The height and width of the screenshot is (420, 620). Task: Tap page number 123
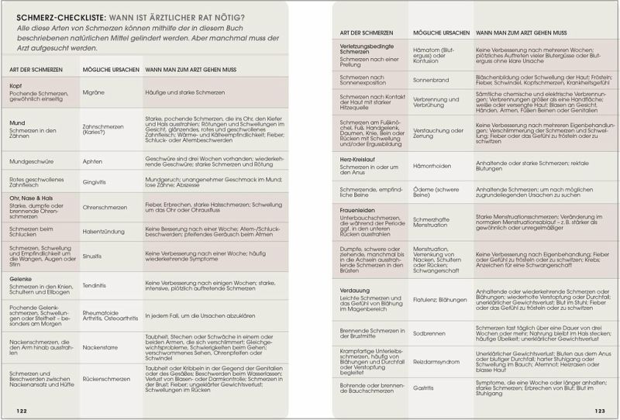pyautogui.click(x=599, y=411)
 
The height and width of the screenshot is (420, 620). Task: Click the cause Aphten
pyautogui.click(x=92, y=162)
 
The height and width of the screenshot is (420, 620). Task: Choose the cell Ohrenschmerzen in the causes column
pyautogui.click(x=105, y=208)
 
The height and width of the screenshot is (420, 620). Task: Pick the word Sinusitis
pyautogui.click(x=95, y=254)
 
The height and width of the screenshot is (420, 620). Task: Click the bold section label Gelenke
pyautogui.click(x=21, y=277)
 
